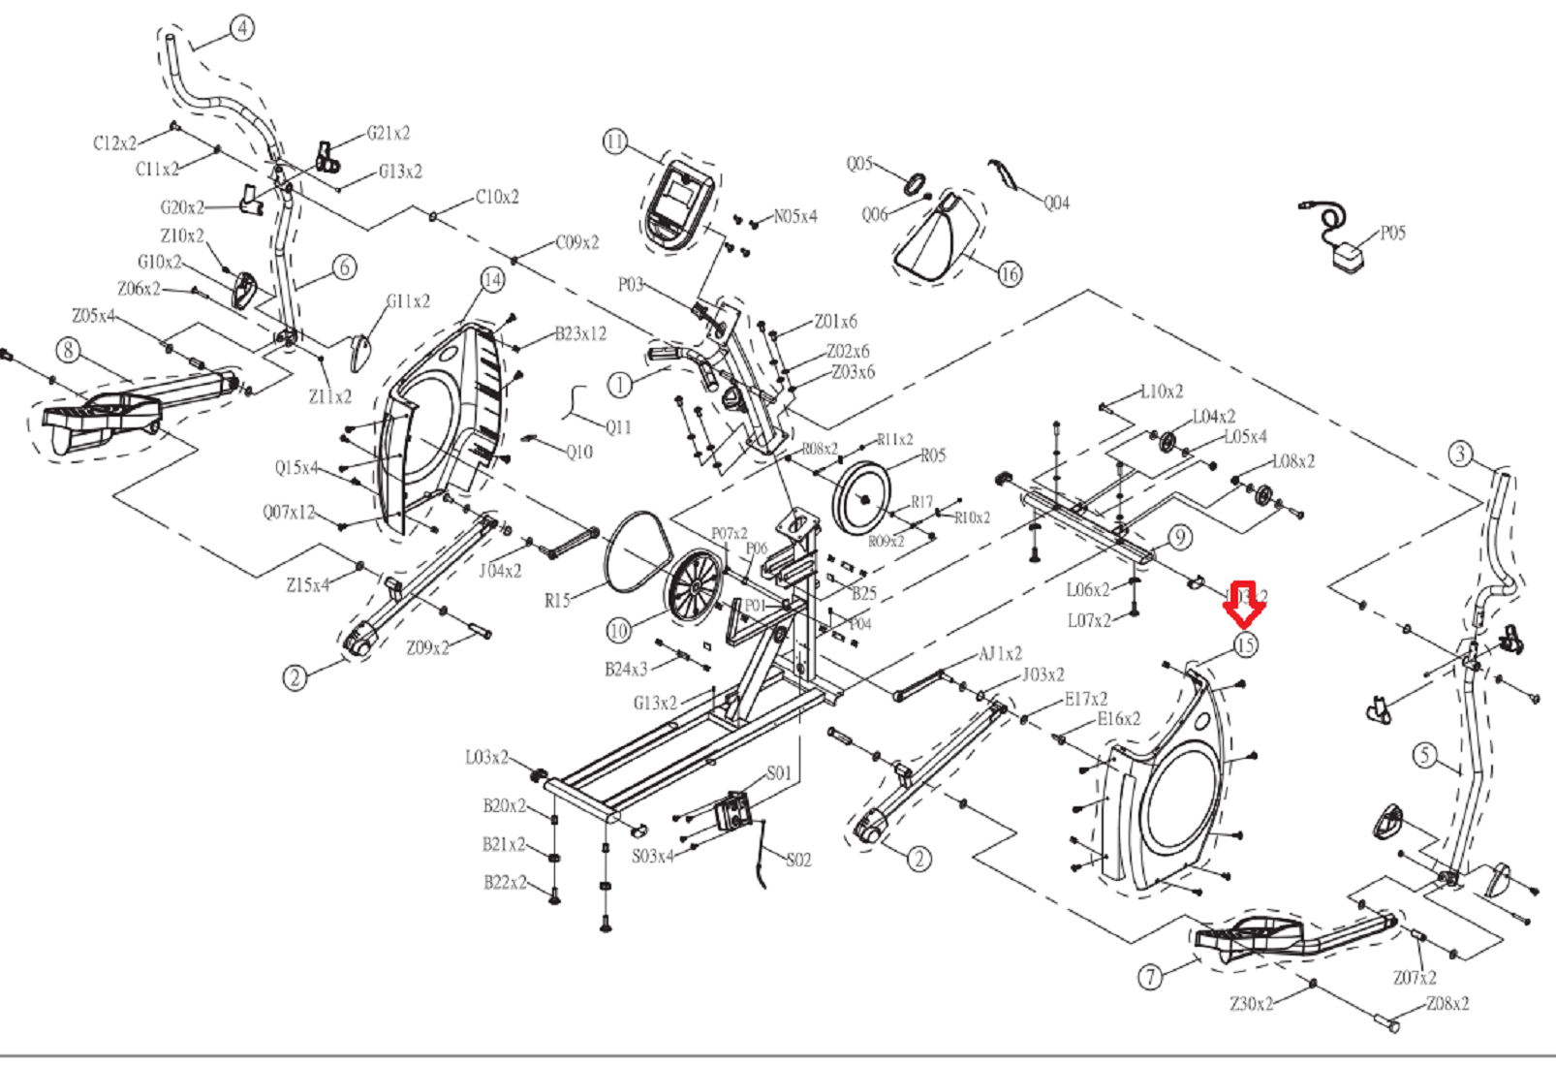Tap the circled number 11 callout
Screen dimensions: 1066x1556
point(615,142)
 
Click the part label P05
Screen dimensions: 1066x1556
point(1392,233)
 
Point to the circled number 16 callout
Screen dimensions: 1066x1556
point(1010,274)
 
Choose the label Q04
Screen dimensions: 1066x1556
point(1056,203)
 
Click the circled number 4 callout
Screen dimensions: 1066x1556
point(242,28)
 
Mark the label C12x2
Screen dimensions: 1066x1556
point(114,143)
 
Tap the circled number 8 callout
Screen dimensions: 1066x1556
point(68,350)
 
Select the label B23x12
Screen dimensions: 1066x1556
point(580,333)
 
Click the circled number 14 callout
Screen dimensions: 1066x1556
point(493,280)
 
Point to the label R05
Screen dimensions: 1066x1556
point(933,455)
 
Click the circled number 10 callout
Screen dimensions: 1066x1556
point(618,631)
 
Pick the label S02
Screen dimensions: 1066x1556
point(798,860)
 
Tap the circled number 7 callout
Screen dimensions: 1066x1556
point(1150,977)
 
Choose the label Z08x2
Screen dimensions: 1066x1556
point(1447,1004)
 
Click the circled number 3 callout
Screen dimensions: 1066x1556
point(1460,454)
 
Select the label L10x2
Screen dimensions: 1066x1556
point(1161,392)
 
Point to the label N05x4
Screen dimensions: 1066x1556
point(794,216)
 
